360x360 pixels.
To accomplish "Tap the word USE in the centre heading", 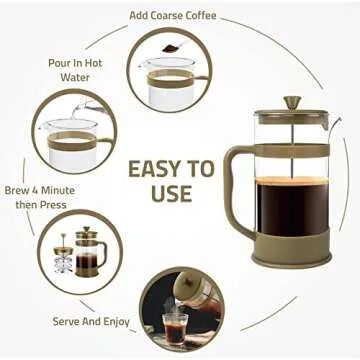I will click(171, 192).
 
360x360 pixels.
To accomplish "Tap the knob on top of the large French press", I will click(292, 102).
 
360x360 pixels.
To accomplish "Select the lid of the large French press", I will click(292, 117).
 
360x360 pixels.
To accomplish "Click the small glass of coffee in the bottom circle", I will click(176, 326).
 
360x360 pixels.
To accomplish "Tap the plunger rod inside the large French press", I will click(292, 150).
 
